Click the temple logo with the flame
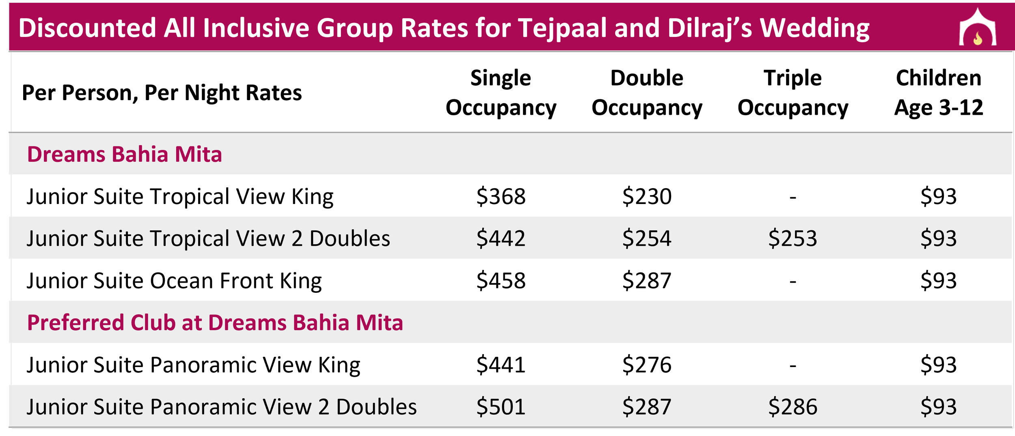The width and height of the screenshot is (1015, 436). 977,28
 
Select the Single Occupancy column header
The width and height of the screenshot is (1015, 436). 501,93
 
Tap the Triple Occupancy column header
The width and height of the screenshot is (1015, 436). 793,93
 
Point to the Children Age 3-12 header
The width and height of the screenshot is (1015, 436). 938,93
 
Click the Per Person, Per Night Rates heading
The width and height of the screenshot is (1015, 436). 162,93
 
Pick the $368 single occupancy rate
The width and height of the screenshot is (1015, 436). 501,196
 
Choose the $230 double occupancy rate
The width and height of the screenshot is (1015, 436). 647,196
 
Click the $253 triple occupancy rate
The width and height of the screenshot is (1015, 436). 793,238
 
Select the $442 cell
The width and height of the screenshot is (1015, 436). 501,238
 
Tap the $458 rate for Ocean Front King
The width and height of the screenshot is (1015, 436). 501,280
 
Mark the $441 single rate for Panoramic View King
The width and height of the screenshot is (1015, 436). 501,364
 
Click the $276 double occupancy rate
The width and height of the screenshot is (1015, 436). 647,364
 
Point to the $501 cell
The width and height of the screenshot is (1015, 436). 501,406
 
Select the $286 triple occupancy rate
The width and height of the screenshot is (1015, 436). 793,406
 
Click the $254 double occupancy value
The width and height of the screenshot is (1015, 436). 647,238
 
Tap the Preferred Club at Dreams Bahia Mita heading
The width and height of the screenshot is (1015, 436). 215,323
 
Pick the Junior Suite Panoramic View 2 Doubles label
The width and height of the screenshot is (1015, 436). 222,407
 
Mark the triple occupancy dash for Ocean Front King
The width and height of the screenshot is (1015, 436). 793,281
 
